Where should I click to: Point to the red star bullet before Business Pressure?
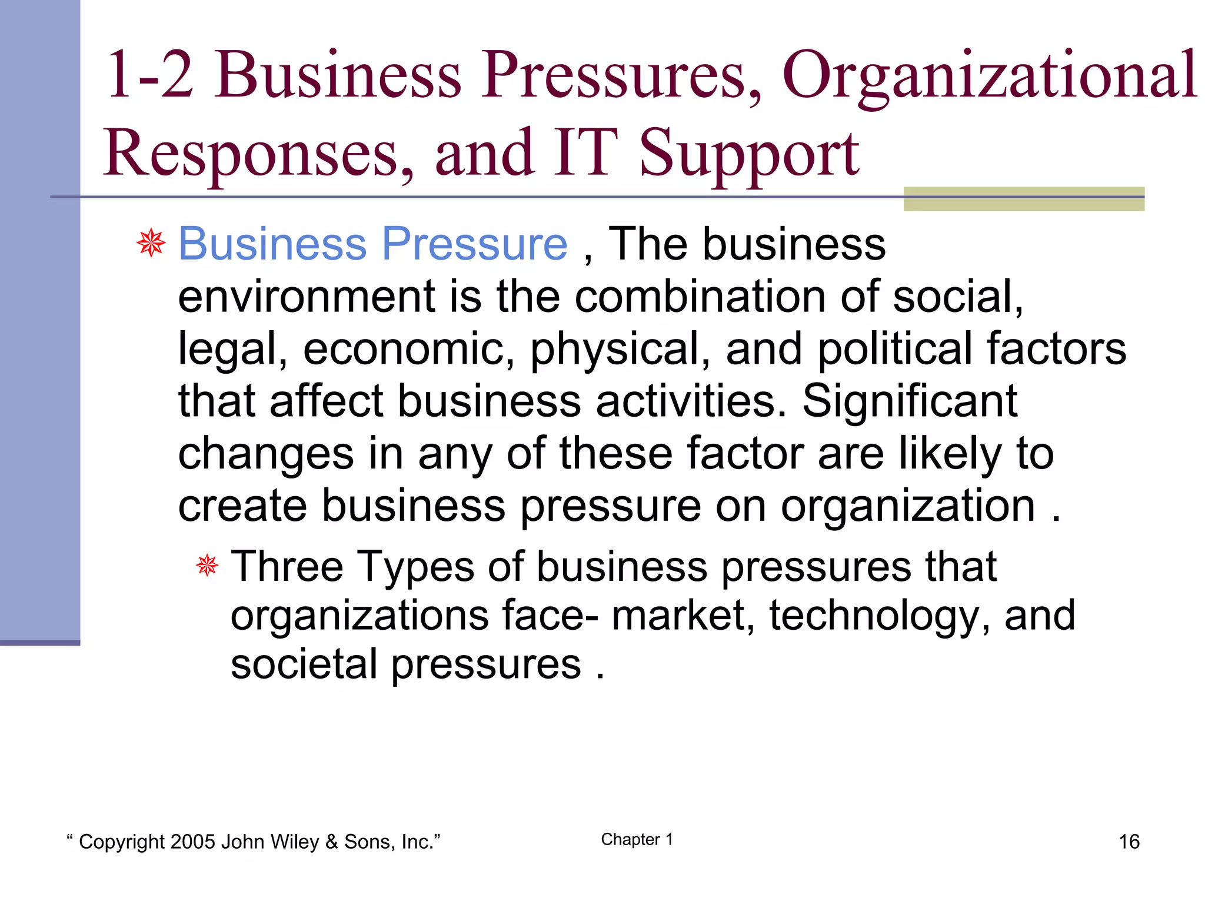(x=151, y=243)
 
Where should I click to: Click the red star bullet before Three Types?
(x=207, y=566)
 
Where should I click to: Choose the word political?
(x=894, y=348)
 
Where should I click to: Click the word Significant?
(x=910, y=401)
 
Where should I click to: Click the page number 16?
(x=1129, y=842)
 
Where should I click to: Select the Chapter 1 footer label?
(x=637, y=840)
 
